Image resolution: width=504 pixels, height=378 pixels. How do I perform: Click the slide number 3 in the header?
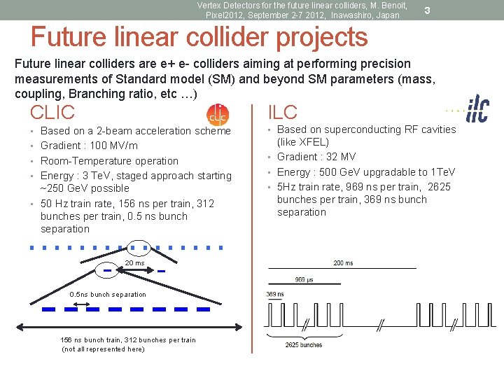pyautogui.click(x=427, y=10)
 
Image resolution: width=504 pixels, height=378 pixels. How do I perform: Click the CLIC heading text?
pyautogui.click(x=52, y=112)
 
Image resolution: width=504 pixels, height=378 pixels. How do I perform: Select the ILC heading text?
pyautogui.click(x=282, y=112)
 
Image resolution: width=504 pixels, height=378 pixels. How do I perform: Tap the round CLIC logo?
pyautogui.click(x=218, y=114)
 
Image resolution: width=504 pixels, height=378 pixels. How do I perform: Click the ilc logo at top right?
pyautogui.click(x=477, y=111)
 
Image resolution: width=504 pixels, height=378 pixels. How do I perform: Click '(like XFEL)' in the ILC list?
pyautogui.click(x=304, y=141)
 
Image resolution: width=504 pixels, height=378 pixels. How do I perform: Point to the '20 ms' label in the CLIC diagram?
pyautogui.click(x=134, y=263)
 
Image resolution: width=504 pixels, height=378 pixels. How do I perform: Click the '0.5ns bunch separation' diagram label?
pyautogui.click(x=108, y=295)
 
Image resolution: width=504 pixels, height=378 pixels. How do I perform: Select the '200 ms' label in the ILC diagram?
pyautogui.click(x=343, y=263)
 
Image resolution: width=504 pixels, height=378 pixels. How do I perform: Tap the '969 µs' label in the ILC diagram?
pyautogui.click(x=304, y=279)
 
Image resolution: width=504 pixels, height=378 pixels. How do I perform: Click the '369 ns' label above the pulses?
pyautogui.click(x=275, y=295)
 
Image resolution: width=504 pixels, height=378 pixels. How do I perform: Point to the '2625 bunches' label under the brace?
pyautogui.click(x=304, y=345)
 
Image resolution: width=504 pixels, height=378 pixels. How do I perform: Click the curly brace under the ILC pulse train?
pyautogui.click(x=304, y=335)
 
